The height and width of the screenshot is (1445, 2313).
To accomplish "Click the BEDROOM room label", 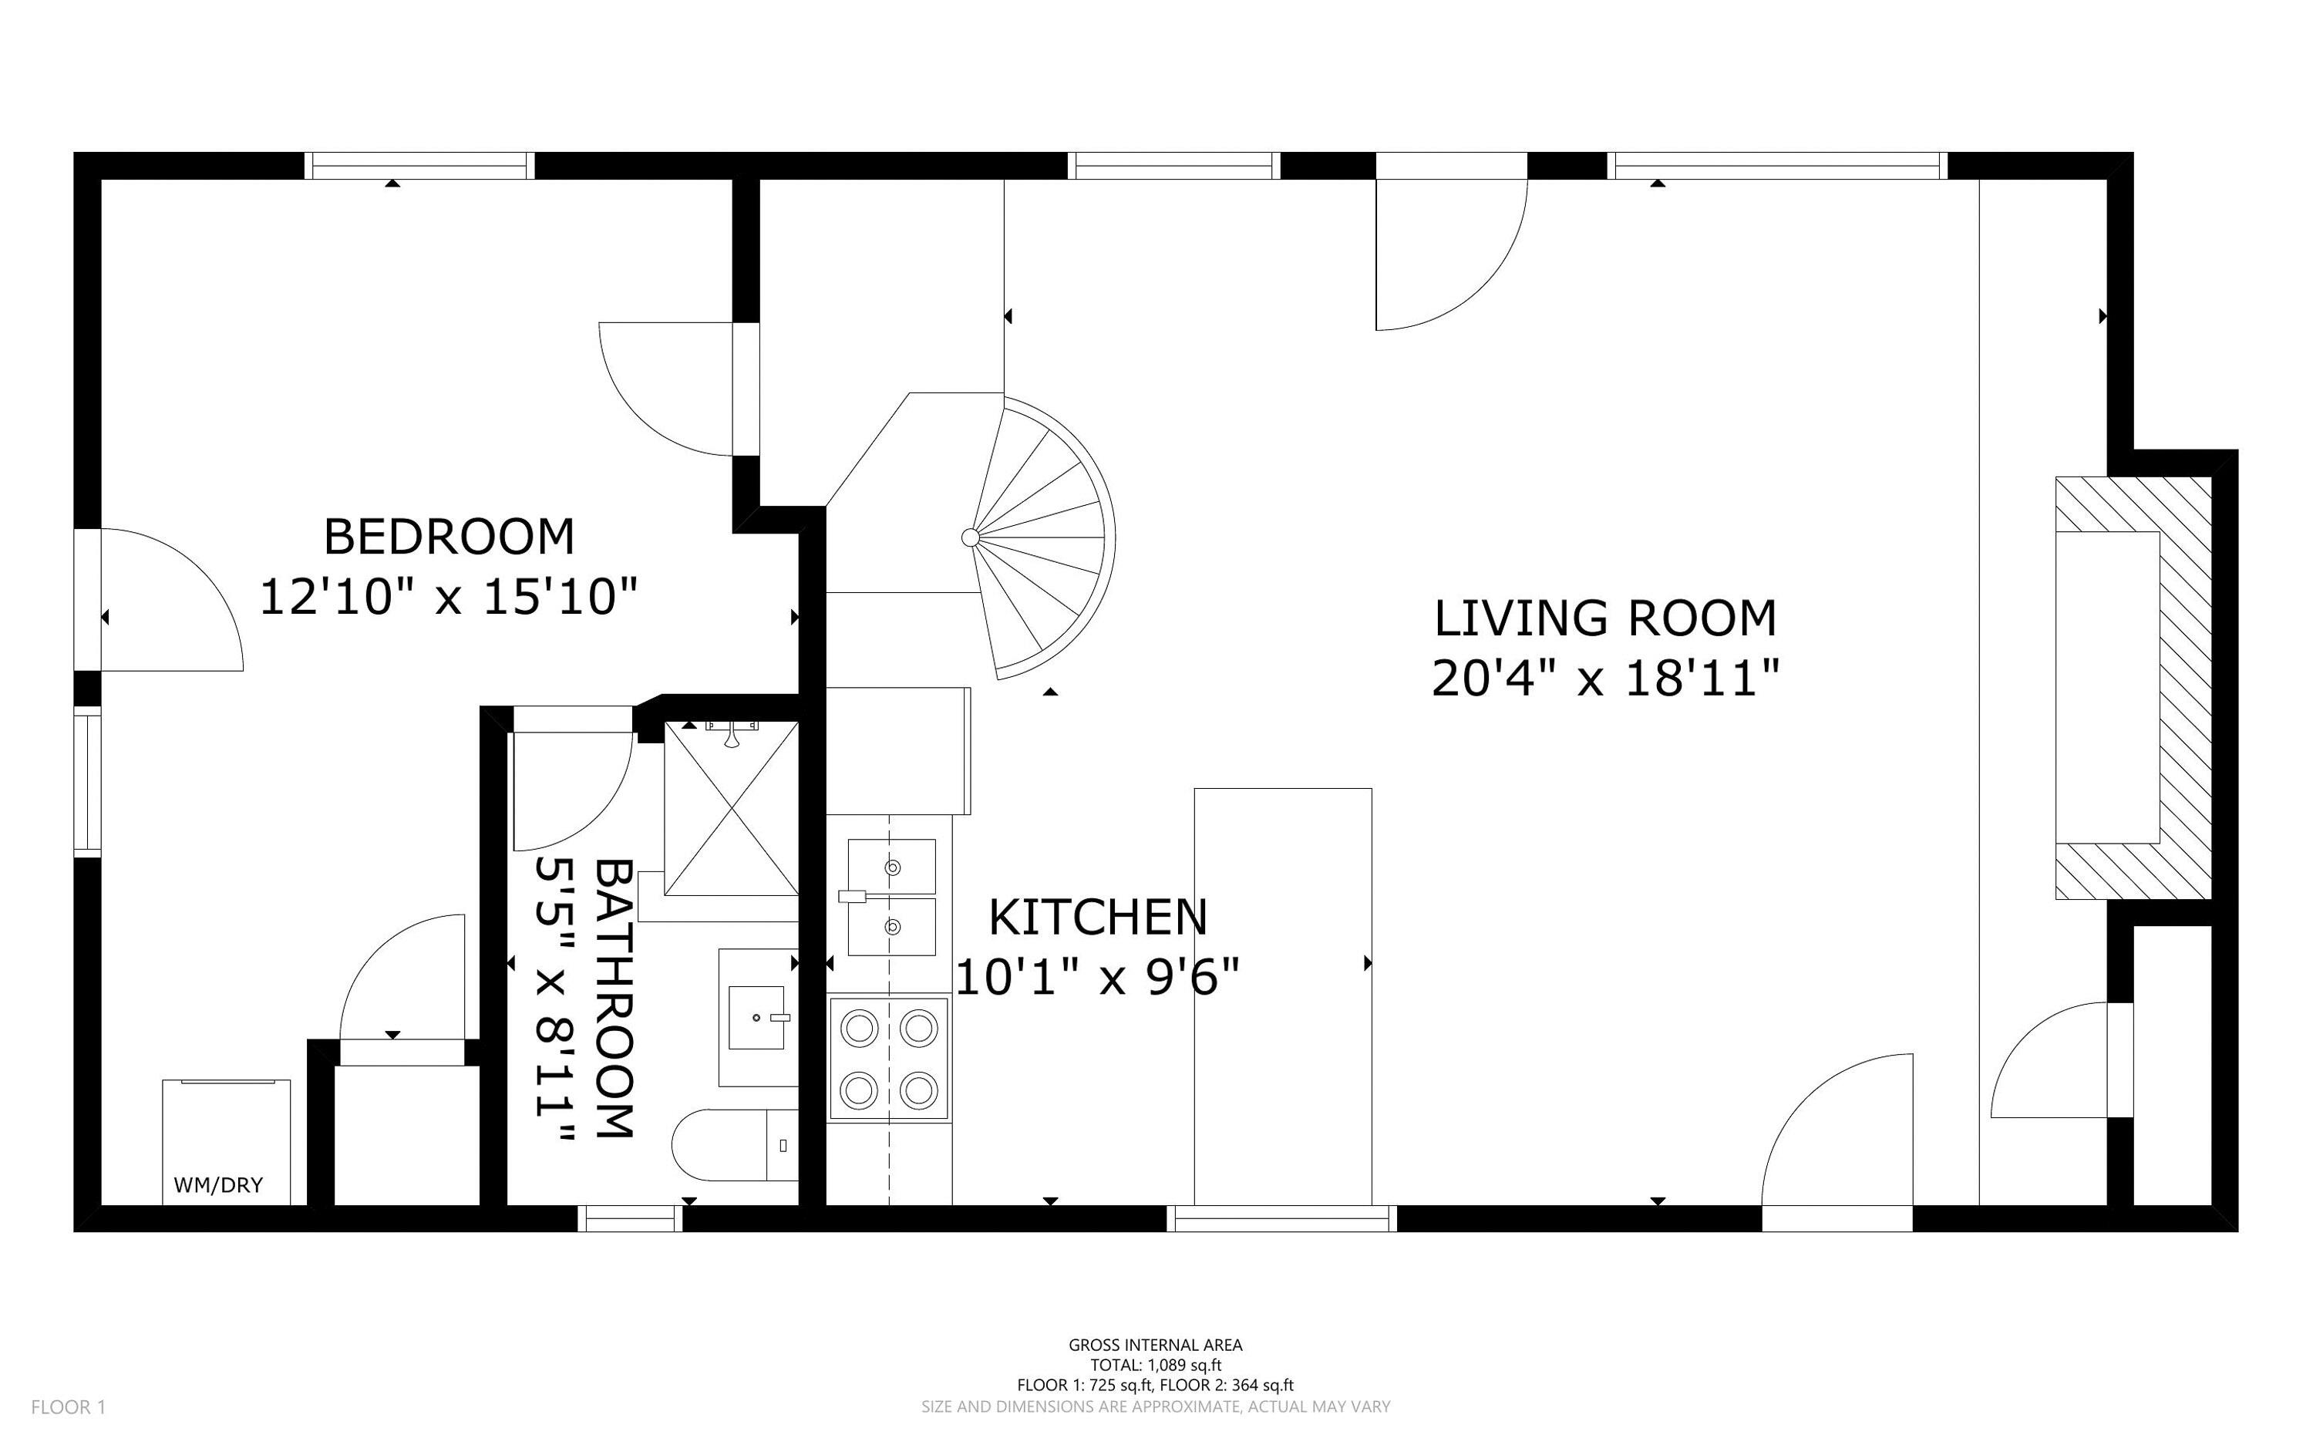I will pyautogui.click(x=449, y=537).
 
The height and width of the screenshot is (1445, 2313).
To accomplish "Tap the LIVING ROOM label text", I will pyautogui.click(x=1605, y=618).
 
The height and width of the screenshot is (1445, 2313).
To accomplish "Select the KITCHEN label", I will pyautogui.click(x=1097, y=918).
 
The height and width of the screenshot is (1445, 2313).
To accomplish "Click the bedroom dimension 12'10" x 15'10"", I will pyautogui.click(x=448, y=598).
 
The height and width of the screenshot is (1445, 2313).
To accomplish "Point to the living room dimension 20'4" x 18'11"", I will pyautogui.click(x=1605, y=680).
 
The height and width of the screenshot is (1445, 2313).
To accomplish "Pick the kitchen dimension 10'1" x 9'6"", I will pyautogui.click(x=1097, y=978).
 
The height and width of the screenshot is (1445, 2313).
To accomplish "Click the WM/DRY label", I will pyautogui.click(x=218, y=1186).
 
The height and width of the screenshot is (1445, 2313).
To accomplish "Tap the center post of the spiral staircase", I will pyautogui.click(x=970, y=538).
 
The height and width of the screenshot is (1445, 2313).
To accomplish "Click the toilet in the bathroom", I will pyautogui.click(x=731, y=1145).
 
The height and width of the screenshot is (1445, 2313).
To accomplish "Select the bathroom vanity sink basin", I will pyautogui.click(x=756, y=1018).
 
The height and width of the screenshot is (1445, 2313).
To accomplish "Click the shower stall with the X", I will pyautogui.click(x=731, y=810).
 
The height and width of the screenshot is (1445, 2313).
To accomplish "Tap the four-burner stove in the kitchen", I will pyautogui.click(x=888, y=1058).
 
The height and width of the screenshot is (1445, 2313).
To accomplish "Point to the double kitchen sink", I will pyautogui.click(x=891, y=897).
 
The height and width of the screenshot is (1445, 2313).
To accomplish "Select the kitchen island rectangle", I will pyautogui.click(x=1282, y=995).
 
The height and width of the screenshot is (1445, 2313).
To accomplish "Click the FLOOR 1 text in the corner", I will pyautogui.click(x=68, y=1406).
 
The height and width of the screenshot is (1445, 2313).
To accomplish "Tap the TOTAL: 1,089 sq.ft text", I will pyautogui.click(x=1155, y=1366).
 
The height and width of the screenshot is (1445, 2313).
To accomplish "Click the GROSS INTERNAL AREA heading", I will pyautogui.click(x=1155, y=1346).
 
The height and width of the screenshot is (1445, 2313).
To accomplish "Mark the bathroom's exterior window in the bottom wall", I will pyautogui.click(x=630, y=1218).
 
